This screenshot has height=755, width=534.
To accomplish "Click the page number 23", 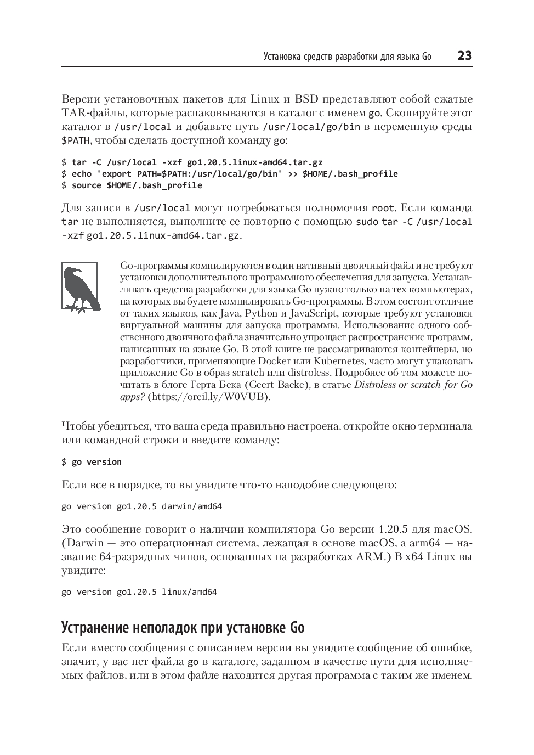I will point(464,56).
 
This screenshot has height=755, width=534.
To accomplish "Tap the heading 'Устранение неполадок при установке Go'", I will point(183,627).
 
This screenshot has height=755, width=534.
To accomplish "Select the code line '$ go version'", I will point(92,462).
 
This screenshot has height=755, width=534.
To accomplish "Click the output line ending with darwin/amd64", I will point(141,506).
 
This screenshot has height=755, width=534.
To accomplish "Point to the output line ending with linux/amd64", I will point(139,592).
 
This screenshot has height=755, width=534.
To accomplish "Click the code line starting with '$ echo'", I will point(230,174).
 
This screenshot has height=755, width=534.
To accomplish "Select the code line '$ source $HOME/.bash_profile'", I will point(132,185).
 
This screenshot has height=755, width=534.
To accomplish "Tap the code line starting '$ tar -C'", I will point(192,162).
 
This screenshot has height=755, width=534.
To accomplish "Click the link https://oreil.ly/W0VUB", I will point(209,396).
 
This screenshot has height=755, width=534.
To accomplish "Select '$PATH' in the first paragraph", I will point(76,140).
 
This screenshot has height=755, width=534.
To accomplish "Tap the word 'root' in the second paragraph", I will point(383,208).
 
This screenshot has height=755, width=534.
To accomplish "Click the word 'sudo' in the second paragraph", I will point(367,222).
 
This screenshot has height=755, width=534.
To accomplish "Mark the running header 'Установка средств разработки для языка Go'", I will point(348,57).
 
